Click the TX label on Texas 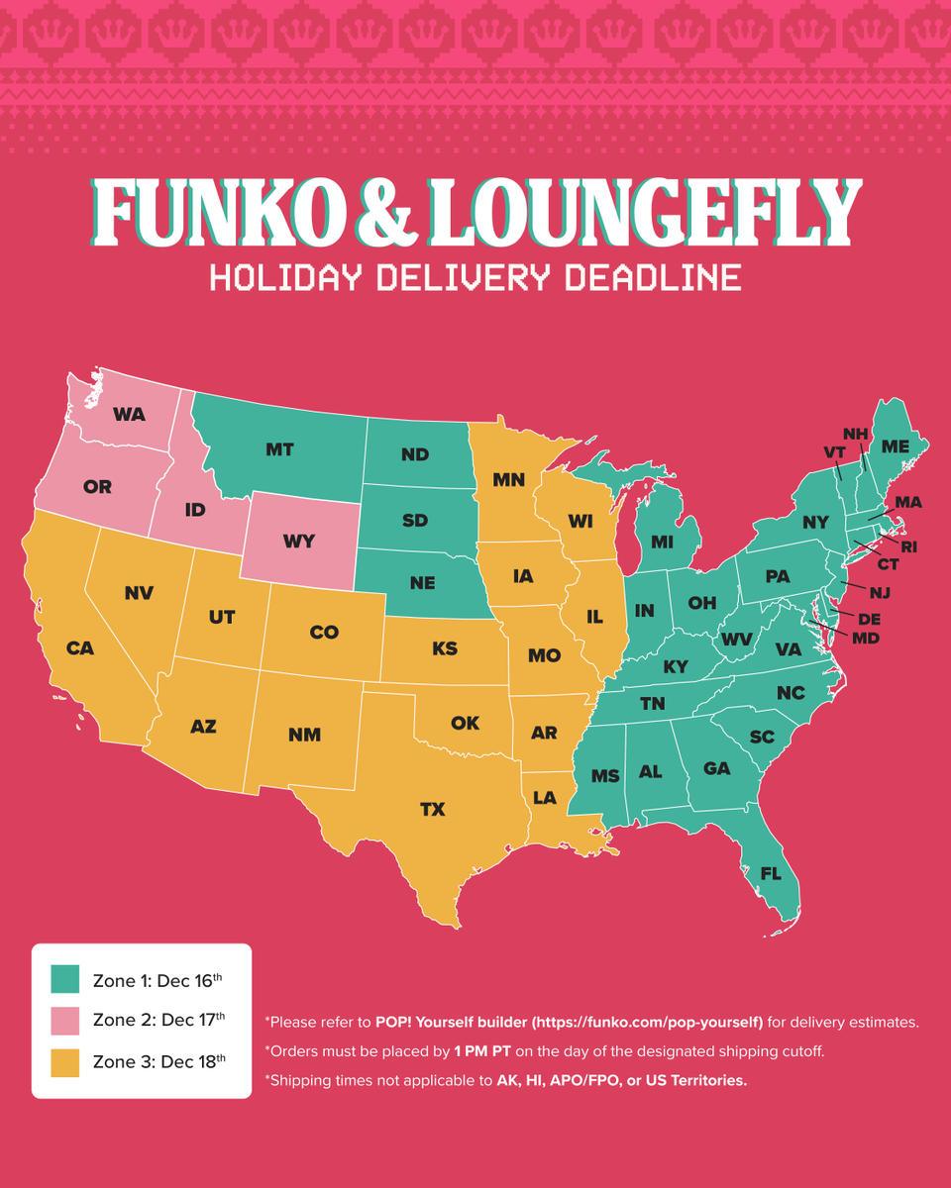(x=432, y=810)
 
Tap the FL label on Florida (x=770, y=874)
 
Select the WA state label (x=129, y=415)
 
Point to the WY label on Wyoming (x=298, y=541)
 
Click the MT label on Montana (x=279, y=449)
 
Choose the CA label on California (x=80, y=648)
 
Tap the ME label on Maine (x=895, y=446)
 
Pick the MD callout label (x=865, y=639)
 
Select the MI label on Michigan (x=662, y=542)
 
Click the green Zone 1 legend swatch (x=64, y=980)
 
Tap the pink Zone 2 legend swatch (x=64, y=1021)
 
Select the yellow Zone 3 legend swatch (x=64, y=1062)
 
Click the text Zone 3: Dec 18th (x=158, y=1062)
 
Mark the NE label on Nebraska (x=422, y=583)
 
